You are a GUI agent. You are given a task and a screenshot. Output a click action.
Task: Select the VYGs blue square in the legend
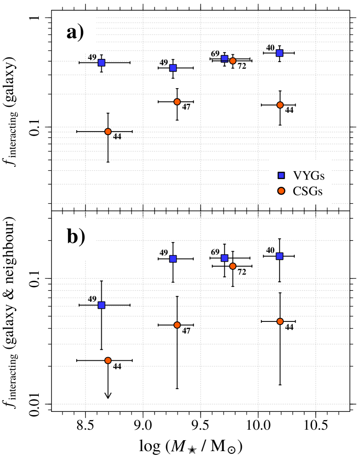coord(282,175)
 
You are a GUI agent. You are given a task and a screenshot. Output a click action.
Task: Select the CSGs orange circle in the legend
coord(282,191)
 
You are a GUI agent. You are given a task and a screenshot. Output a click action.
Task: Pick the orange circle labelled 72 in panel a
coord(233,61)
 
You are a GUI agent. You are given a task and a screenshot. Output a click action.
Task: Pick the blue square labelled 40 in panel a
coord(280,53)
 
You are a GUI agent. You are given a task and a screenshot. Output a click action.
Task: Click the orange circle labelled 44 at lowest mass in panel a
coord(108,132)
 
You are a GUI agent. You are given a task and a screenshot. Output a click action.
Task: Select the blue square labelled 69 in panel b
coord(224,258)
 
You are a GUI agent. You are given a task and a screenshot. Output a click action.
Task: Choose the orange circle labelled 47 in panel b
coord(177,325)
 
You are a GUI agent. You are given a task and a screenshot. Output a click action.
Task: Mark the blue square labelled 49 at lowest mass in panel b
coord(101,305)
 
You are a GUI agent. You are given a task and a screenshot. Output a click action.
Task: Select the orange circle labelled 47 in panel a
coord(177,101)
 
